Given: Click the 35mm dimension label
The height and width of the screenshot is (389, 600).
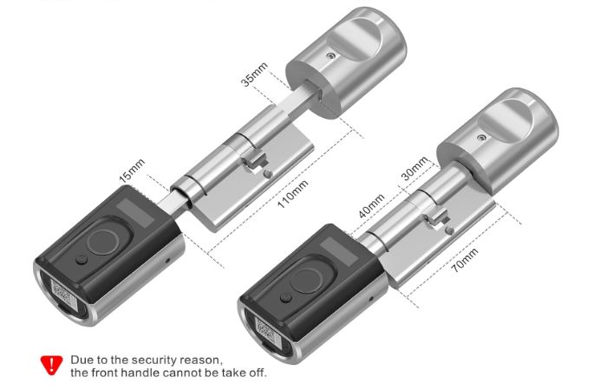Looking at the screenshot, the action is [254, 75].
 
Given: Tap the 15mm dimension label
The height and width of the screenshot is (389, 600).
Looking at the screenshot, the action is [132, 170].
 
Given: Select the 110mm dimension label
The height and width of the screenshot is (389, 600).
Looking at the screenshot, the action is [293, 194].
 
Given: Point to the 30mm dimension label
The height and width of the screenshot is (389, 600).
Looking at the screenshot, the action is [414, 168].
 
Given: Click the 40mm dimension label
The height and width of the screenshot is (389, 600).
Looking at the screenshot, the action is [371, 206].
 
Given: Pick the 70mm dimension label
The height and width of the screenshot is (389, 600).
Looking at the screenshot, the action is [465, 260].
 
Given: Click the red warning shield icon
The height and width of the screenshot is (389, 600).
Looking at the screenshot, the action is [51, 365].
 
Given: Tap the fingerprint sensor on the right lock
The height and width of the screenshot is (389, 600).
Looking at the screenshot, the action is [307, 281].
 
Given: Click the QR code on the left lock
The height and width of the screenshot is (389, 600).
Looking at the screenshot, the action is [63, 295].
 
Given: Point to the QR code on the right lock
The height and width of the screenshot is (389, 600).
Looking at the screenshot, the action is [266, 331].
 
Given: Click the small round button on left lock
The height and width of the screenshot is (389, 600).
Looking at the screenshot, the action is [82, 260].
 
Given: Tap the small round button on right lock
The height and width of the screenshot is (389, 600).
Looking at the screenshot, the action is [285, 298].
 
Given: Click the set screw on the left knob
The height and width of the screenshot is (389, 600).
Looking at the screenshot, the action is [331, 56].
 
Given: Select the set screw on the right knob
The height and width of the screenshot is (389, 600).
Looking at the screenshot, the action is [482, 138].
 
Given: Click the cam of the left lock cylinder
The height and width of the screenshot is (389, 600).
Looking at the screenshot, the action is [255, 159].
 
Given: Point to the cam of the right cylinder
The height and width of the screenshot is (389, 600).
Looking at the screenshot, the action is [436, 217].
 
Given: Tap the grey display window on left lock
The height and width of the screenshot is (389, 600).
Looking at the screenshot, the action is [135, 212].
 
